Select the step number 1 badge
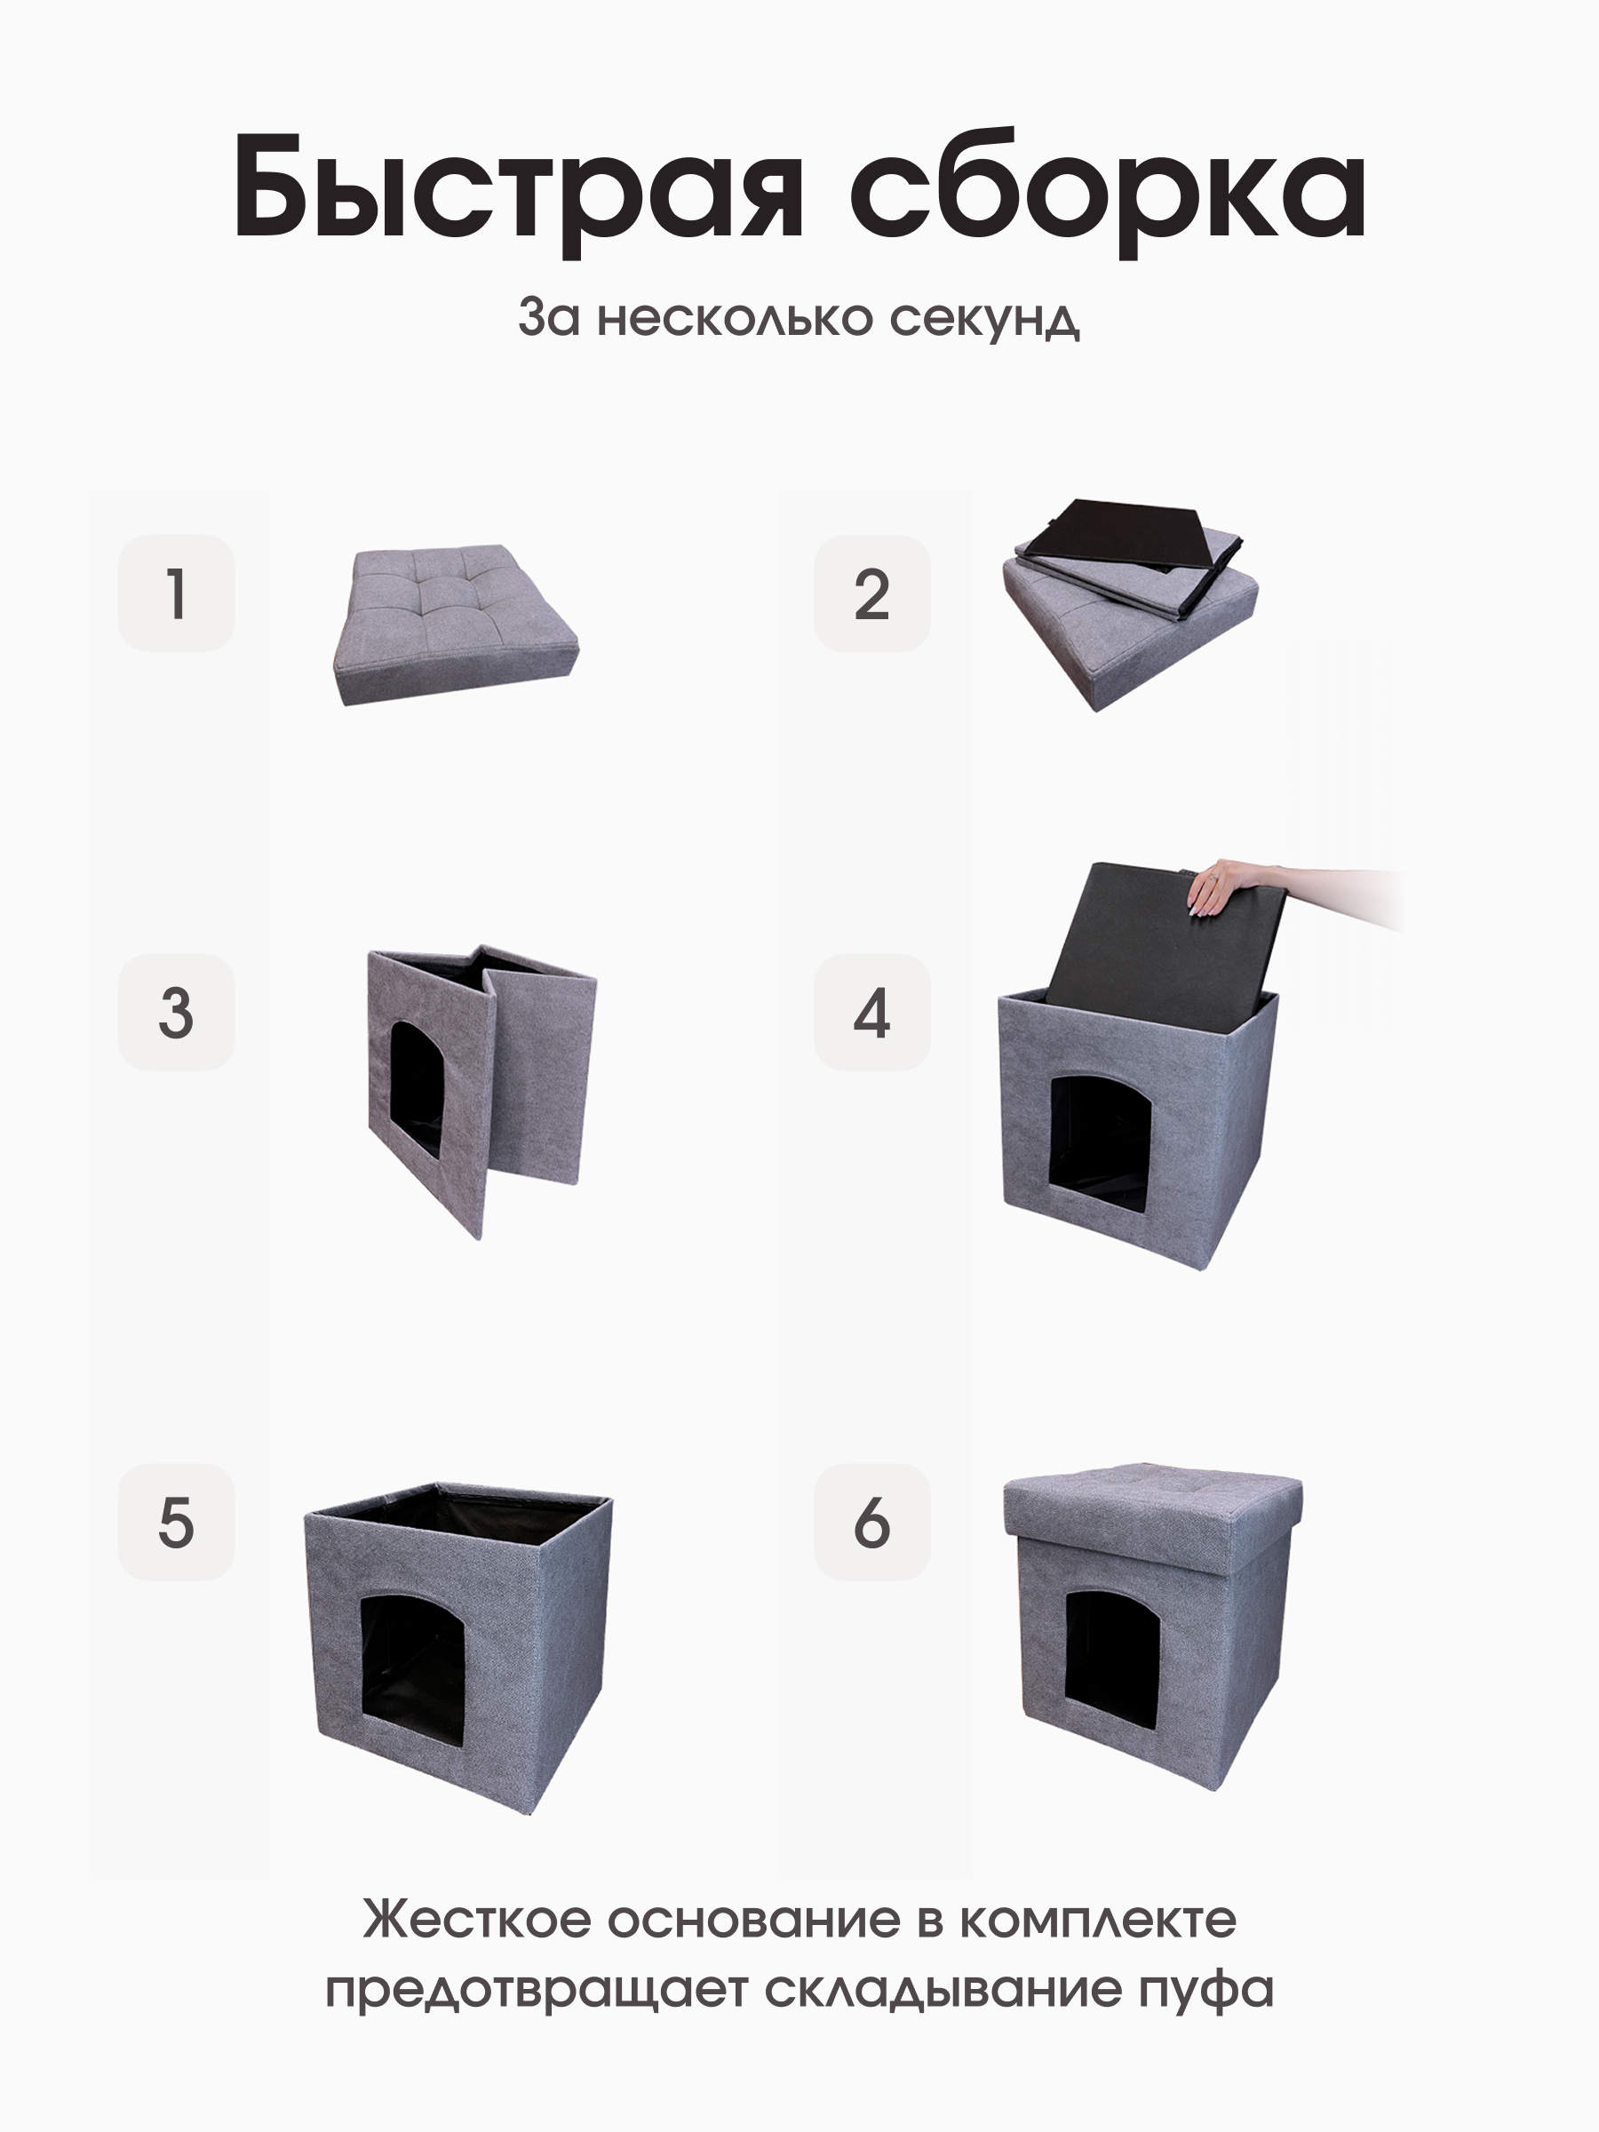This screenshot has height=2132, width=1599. point(177,593)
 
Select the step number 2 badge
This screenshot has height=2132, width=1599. point(872,593)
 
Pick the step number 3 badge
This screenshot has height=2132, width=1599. point(177,1013)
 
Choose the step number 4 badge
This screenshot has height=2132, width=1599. point(872,1013)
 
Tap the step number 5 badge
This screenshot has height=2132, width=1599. point(177,1523)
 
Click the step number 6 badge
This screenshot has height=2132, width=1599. point(872,1523)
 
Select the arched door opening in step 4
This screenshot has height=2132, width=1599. point(1100,1143)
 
